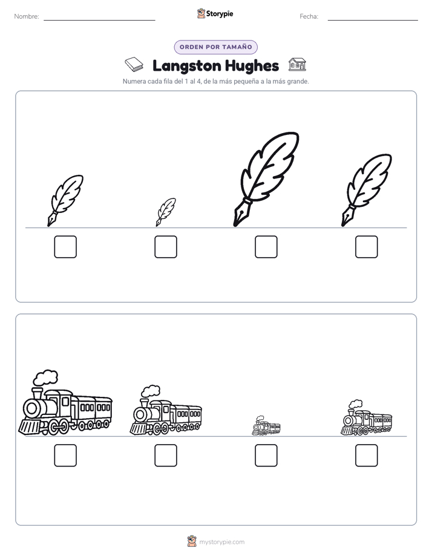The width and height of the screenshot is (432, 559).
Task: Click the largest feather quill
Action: pyautogui.click(x=266, y=179)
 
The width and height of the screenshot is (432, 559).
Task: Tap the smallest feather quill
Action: pyautogui.click(x=166, y=212)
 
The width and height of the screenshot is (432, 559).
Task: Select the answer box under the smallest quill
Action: pyautogui.click(x=166, y=247)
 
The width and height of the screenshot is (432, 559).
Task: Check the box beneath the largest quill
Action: pyautogui.click(x=266, y=247)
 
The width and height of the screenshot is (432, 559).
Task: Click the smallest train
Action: pyautogui.click(x=266, y=426)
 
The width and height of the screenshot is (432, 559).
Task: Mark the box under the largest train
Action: pyautogui.click(x=65, y=456)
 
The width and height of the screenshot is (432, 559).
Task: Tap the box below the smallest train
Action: pyautogui.click(x=266, y=456)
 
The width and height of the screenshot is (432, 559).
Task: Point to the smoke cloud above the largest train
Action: pyautogui.click(x=45, y=377)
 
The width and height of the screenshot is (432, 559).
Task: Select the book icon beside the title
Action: pyautogui.click(x=134, y=65)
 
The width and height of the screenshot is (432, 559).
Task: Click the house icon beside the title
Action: pyautogui.click(x=297, y=65)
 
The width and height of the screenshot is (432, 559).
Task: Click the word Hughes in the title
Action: pyautogui.click(x=252, y=66)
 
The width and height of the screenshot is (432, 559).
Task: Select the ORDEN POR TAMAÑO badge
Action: pyautogui.click(x=215, y=47)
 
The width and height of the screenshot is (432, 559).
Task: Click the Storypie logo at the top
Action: pyautogui.click(x=215, y=13)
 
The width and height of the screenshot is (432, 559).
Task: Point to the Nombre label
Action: pyautogui.click(x=27, y=16)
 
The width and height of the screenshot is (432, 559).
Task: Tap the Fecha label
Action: pyautogui.click(x=309, y=16)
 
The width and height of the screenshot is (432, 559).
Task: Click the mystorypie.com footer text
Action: pyautogui.click(x=221, y=542)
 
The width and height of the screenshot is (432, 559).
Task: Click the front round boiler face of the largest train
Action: pyautogui.click(x=32, y=408)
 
